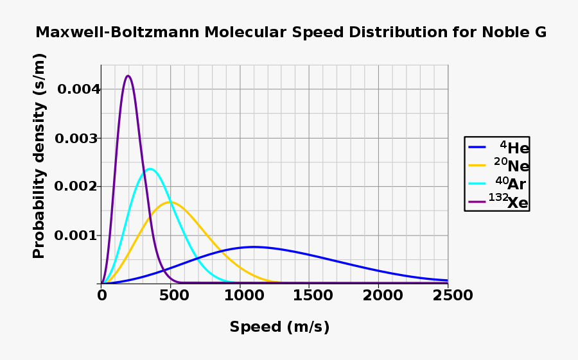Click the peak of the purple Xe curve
[128, 76]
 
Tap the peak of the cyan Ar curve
[150, 169]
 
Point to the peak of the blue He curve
[254, 246]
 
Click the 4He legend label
[514, 148]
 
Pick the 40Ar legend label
[511, 184]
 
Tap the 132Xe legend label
[509, 202]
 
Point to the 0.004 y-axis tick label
[79, 89]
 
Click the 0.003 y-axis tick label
[76, 139]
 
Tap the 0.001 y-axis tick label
[76, 236]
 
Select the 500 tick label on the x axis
[170, 296]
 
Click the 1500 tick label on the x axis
[309, 296]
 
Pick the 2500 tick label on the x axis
[448, 296]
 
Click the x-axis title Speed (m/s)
[279, 327]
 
